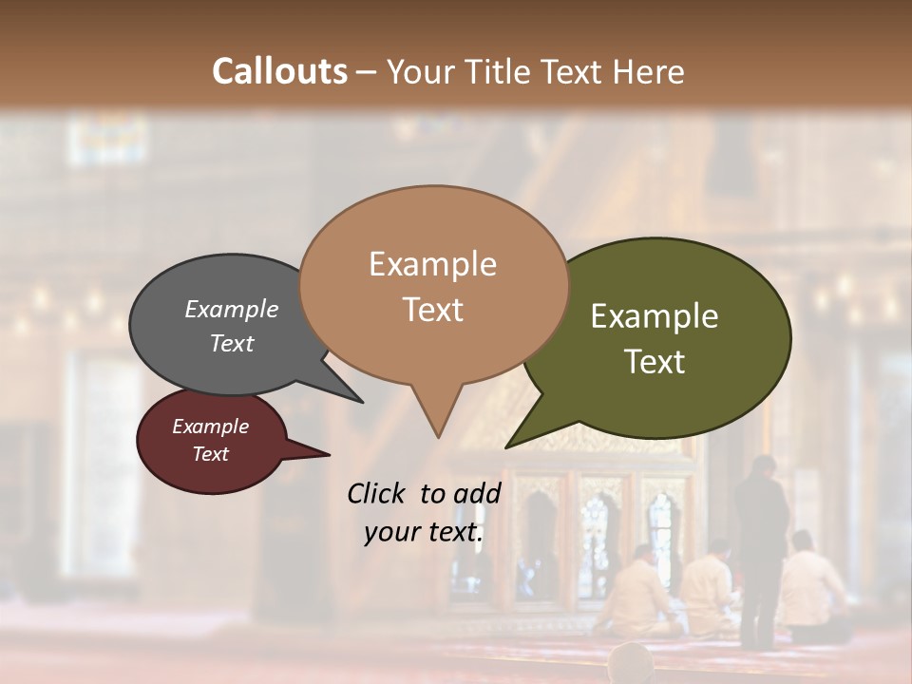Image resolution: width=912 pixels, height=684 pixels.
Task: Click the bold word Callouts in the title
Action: pyautogui.click(x=279, y=71)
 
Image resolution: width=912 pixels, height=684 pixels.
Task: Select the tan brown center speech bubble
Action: pyautogui.click(x=433, y=285)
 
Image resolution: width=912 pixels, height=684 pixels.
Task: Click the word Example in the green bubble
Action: pyautogui.click(x=655, y=316)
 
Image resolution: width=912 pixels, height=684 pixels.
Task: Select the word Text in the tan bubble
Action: pyautogui.click(x=433, y=309)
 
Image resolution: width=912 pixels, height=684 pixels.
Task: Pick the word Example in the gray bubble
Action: pyautogui.click(x=232, y=309)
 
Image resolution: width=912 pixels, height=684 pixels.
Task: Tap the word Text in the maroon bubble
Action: pyautogui.click(x=211, y=454)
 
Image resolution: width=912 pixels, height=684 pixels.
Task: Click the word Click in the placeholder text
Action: pyautogui.click(x=377, y=493)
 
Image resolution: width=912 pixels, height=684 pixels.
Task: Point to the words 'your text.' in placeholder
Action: pyautogui.click(x=424, y=532)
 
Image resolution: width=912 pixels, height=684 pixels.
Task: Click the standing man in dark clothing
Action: pyautogui.click(x=762, y=541)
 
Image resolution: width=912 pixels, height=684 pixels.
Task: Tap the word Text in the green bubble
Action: pyautogui.click(x=655, y=361)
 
